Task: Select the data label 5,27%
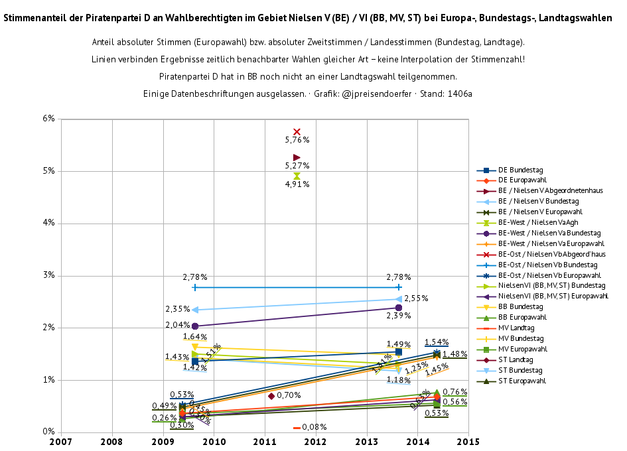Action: click(297, 166)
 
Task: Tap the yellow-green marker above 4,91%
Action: click(297, 176)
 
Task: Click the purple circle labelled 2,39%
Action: click(398, 308)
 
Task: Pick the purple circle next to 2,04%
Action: click(194, 326)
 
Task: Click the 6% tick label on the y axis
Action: click(48, 119)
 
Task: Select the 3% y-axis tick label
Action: click(48, 276)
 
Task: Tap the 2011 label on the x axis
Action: click(265, 440)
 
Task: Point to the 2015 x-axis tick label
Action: click(468, 440)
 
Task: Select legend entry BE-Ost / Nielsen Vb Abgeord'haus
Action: click(551, 254)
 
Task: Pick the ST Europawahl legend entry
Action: click(522, 381)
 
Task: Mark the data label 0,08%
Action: click(314, 427)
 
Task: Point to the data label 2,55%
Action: click(416, 299)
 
